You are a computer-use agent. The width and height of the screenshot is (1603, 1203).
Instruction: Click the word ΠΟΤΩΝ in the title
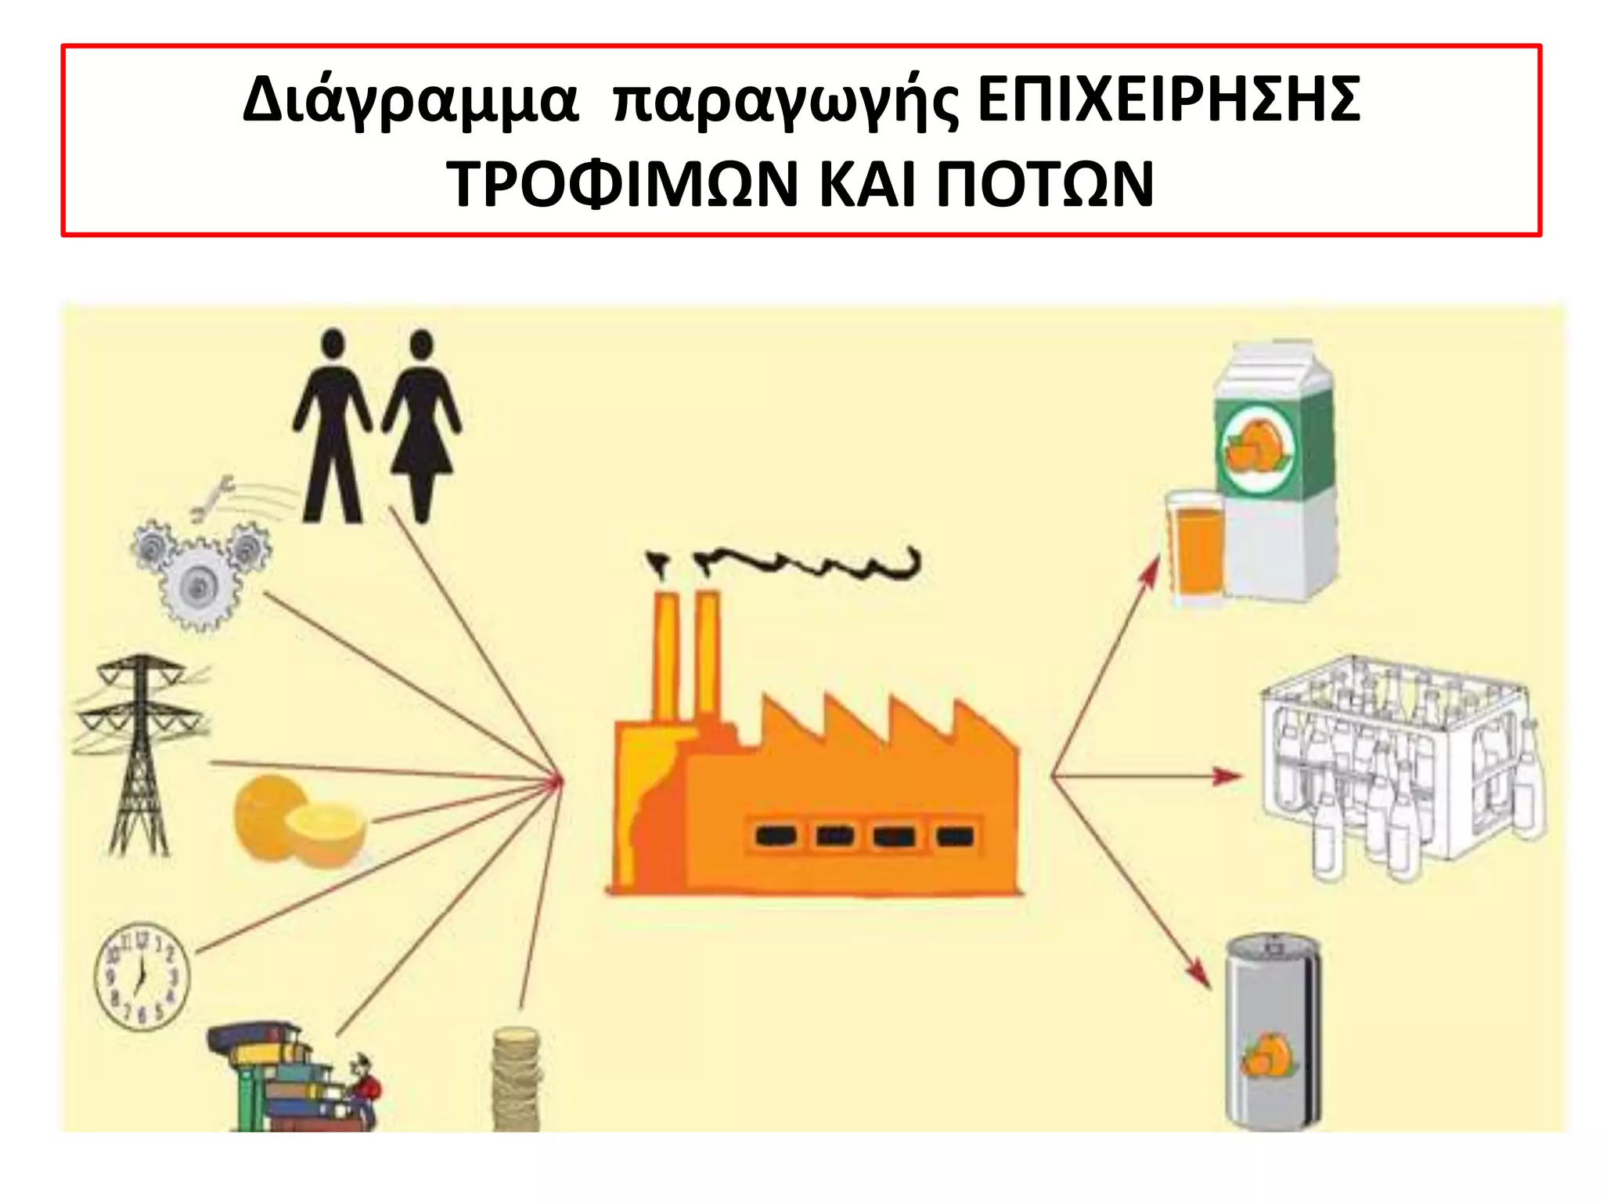tap(1045, 185)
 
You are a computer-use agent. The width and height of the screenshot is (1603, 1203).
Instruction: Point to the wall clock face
tap(142, 976)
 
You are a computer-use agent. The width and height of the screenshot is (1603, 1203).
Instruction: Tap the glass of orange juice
tap(1193, 548)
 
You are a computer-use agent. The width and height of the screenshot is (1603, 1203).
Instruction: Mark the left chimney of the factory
tap(666, 658)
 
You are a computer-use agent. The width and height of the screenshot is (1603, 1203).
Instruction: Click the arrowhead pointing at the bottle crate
tap(1227, 776)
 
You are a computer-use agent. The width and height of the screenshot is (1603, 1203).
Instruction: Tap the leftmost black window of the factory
tap(775, 836)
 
